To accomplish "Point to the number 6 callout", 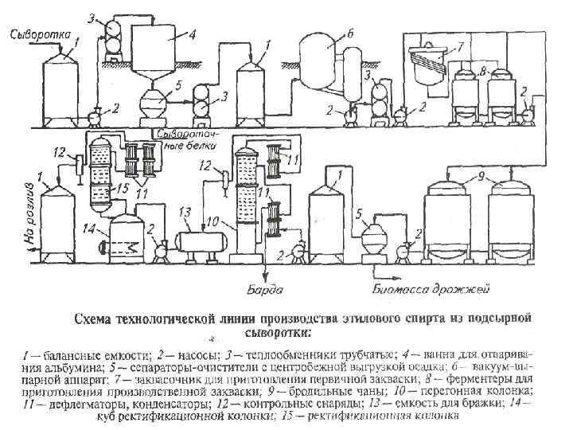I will point(349,33).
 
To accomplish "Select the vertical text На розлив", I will point(29,213).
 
